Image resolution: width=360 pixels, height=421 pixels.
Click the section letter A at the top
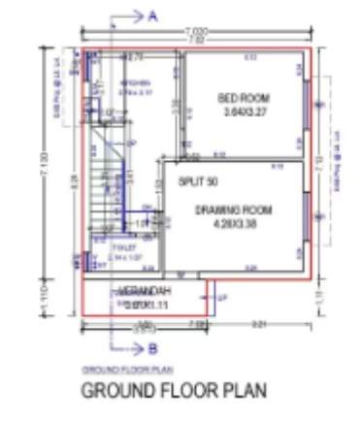point(152,16)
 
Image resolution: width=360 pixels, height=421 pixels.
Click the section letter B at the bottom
point(151,348)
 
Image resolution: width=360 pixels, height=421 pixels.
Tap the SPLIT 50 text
point(199,181)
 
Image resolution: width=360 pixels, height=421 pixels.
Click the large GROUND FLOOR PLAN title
point(172,391)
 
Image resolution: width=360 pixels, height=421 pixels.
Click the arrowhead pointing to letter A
point(137,16)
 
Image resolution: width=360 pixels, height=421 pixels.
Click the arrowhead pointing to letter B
point(137,348)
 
